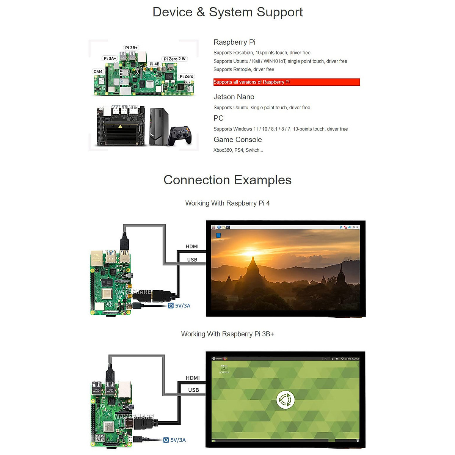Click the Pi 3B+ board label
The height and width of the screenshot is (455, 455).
131,48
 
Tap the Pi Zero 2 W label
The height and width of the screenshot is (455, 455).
174,59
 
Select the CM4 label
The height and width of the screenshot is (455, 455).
98,71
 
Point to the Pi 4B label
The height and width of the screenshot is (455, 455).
154,64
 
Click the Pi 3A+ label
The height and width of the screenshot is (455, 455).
110,58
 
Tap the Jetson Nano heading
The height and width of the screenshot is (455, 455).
234,97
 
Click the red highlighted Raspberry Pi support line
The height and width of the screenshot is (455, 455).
286,82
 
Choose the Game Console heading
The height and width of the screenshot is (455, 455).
237,140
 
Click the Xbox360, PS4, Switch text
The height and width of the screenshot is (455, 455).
238,150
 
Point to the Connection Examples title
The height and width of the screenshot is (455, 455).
227,180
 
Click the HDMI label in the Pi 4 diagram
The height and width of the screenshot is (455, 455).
192,246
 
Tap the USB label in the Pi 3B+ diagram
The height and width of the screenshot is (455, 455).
193,390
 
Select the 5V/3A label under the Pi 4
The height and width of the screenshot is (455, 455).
182,306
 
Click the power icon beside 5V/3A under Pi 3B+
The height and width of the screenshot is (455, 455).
166,440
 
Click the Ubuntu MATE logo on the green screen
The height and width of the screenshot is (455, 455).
285,400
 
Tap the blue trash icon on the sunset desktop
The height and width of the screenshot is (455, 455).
218,235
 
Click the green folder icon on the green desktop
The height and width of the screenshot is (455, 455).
224,367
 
